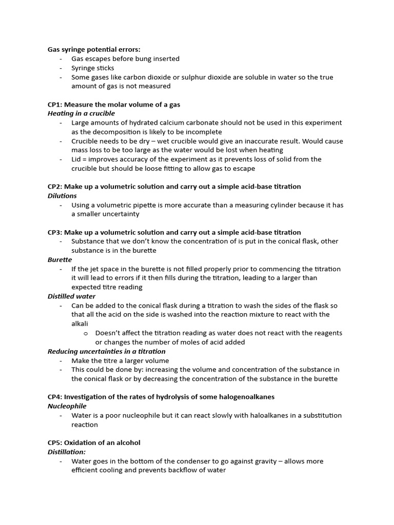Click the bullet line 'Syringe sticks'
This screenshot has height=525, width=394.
93,68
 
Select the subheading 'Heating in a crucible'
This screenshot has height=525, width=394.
81,113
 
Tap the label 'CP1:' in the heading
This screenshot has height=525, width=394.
55,105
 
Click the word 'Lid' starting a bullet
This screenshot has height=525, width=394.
77,159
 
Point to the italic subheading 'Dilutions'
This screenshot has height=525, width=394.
62,196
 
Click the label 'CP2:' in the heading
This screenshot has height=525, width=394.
55,187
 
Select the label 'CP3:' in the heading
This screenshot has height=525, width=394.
55,232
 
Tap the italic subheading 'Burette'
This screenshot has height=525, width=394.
60,260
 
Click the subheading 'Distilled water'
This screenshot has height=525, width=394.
71,296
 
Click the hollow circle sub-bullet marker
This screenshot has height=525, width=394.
86,333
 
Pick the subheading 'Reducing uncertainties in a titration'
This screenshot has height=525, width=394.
106,351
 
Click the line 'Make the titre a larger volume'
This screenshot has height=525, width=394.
120,360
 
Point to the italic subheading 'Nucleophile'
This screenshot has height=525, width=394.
67,406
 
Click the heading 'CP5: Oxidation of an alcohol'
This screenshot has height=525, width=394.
94,442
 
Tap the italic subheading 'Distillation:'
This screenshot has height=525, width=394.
67,452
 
